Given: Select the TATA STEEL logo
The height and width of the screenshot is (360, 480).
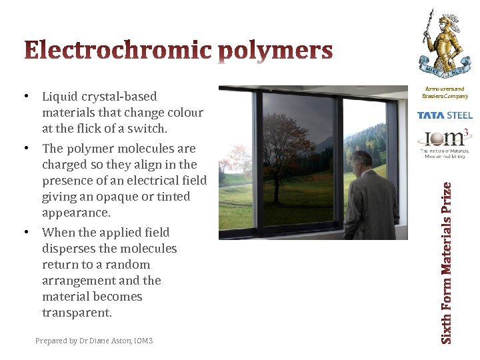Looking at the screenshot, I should [444, 115].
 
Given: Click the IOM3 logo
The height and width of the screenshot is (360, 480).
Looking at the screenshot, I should [443, 143].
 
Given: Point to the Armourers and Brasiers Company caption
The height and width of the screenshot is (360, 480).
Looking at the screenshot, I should [443, 93].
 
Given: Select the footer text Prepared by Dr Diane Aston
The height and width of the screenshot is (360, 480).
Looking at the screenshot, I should [94, 341].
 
